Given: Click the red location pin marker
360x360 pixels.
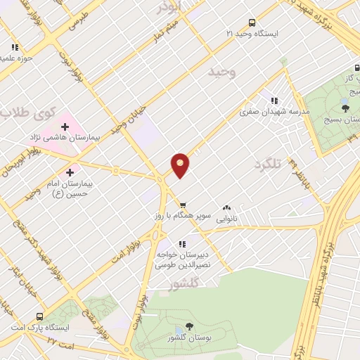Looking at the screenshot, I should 181,165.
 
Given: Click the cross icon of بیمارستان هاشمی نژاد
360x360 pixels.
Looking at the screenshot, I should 65,126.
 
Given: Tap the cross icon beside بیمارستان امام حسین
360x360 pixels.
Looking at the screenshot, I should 70,172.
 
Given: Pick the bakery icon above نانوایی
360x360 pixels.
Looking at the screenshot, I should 226,208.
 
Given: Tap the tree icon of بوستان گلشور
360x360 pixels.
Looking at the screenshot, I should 188,326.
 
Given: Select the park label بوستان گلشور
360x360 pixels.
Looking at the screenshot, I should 188,338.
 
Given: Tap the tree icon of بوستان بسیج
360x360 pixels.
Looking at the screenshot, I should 345,107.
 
